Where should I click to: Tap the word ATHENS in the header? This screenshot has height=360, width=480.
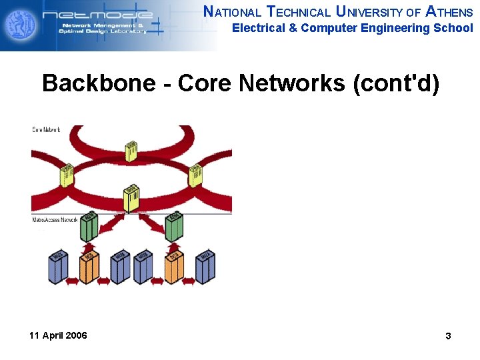point(449,11)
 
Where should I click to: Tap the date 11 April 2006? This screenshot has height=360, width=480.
point(58,335)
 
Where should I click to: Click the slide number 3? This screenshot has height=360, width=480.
point(448,336)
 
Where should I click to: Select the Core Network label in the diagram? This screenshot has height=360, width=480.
point(47,129)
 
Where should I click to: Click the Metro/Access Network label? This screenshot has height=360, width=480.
point(55,219)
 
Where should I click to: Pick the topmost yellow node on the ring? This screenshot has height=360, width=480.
point(131,151)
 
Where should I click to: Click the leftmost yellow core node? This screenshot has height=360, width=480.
point(67,175)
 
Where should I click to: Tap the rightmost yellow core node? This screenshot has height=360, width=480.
point(195,175)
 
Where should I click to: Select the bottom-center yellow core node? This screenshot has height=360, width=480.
point(131,199)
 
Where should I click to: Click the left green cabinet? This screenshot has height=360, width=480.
point(89,227)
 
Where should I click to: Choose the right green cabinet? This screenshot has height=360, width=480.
point(173,227)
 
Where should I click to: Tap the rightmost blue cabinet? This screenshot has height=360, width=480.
point(205,267)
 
